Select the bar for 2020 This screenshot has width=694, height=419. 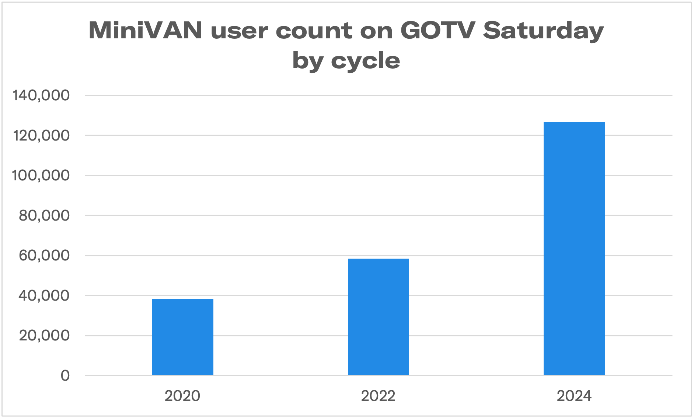(x=183, y=337)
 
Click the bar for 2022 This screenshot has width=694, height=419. (x=379, y=317)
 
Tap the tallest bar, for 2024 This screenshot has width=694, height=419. (x=574, y=248)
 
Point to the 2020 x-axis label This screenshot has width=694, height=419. (x=182, y=396)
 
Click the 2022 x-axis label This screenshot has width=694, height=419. (x=378, y=396)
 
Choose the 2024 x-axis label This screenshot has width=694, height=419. (x=574, y=396)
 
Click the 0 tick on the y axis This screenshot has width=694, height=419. (x=65, y=376)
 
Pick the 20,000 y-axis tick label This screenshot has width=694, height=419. (x=44, y=336)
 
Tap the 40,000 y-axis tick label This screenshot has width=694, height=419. (x=44, y=295)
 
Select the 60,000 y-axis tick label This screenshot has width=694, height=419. (x=44, y=255)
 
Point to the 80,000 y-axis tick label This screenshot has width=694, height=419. (x=44, y=215)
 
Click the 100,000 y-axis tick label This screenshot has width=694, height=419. (x=41, y=175)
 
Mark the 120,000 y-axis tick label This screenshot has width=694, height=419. (x=41, y=135)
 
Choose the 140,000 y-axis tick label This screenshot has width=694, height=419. (x=41, y=95)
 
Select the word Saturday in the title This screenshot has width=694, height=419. (x=543, y=31)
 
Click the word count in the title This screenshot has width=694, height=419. (x=313, y=31)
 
